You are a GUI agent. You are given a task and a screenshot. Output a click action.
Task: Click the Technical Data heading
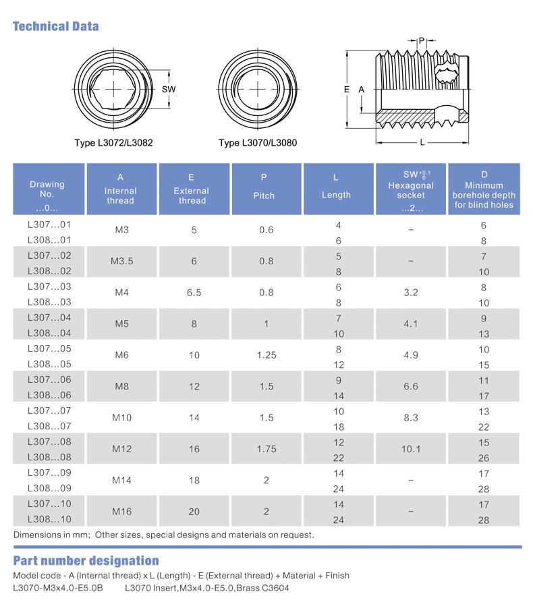[x=56, y=26]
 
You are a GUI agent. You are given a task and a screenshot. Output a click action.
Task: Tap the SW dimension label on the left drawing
[x=169, y=89]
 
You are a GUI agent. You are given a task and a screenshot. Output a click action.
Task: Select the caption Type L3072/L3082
[x=114, y=143]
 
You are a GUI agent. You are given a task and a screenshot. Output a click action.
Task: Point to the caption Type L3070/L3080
[x=258, y=143]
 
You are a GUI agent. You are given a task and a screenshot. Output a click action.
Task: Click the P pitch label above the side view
[x=422, y=41]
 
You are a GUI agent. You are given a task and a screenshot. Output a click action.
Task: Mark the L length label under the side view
[x=422, y=142]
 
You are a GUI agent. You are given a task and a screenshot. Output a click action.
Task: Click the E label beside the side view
[x=347, y=90]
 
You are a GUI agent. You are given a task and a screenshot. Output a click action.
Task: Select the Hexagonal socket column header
[x=411, y=189]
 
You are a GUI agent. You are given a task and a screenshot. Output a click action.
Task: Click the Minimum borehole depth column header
[x=484, y=189]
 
